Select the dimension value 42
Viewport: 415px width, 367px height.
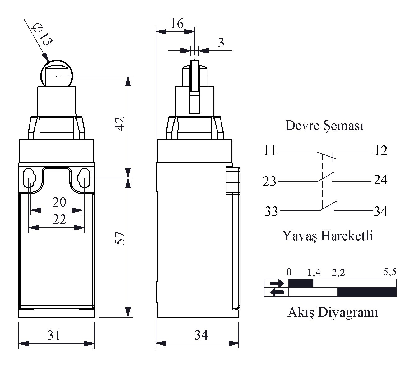point(120,124)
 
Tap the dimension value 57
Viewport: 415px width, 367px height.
point(120,238)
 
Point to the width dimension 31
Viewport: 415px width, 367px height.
point(54,335)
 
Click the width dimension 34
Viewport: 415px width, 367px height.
point(201,335)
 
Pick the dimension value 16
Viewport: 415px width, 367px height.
point(177,23)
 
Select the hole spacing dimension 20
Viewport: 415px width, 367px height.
point(59,202)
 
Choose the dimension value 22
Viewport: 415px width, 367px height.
point(59,219)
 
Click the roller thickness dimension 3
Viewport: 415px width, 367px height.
point(221,43)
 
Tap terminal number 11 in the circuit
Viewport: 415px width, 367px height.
point(270,151)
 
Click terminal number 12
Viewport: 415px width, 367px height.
point(381,151)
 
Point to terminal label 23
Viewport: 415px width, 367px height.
point(269,181)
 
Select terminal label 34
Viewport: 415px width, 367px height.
point(380,211)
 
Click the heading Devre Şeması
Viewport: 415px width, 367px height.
point(324,126)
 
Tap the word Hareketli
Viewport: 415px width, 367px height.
point(347,236)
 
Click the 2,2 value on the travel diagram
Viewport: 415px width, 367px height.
point(338,273)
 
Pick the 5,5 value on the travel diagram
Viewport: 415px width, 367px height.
point(390,272)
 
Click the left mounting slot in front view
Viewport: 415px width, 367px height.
point(30,178)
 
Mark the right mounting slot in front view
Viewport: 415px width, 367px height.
point(84,178)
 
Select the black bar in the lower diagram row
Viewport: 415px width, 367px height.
point(367,292)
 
